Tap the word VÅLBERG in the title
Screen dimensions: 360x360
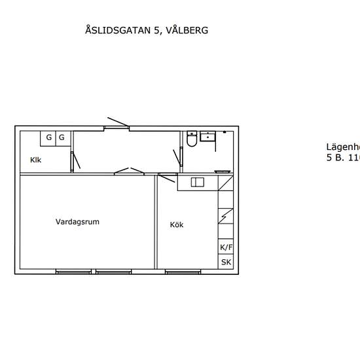click(x=187, y=30)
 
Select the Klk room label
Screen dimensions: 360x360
click(x=35, y=160)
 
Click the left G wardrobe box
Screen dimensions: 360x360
click(x=48, y=137)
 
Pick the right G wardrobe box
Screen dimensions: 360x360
click(x=62, y=137)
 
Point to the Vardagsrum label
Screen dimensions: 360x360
click(x=77, y=222)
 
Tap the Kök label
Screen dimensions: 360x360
click(x=177, y=225)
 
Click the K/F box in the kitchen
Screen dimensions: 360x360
click(x=226, y=247)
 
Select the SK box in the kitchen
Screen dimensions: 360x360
click(x=226, y=262)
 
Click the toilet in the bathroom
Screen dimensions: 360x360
click(x=191, y=139)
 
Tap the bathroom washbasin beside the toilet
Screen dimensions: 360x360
click(x=209, y=136)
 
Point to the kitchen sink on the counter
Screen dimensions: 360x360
click(x=198, y=182)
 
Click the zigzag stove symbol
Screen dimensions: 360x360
click(x=226, y=215)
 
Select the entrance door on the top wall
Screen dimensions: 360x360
click(x=118, y=123)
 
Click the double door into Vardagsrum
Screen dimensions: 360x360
click(x=129, y=171)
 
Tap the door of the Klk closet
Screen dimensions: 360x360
click(x=75, y=159)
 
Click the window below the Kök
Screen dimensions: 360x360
click(x=183, y=272)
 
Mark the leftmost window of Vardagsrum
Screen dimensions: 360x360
click(x=73, y=272)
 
